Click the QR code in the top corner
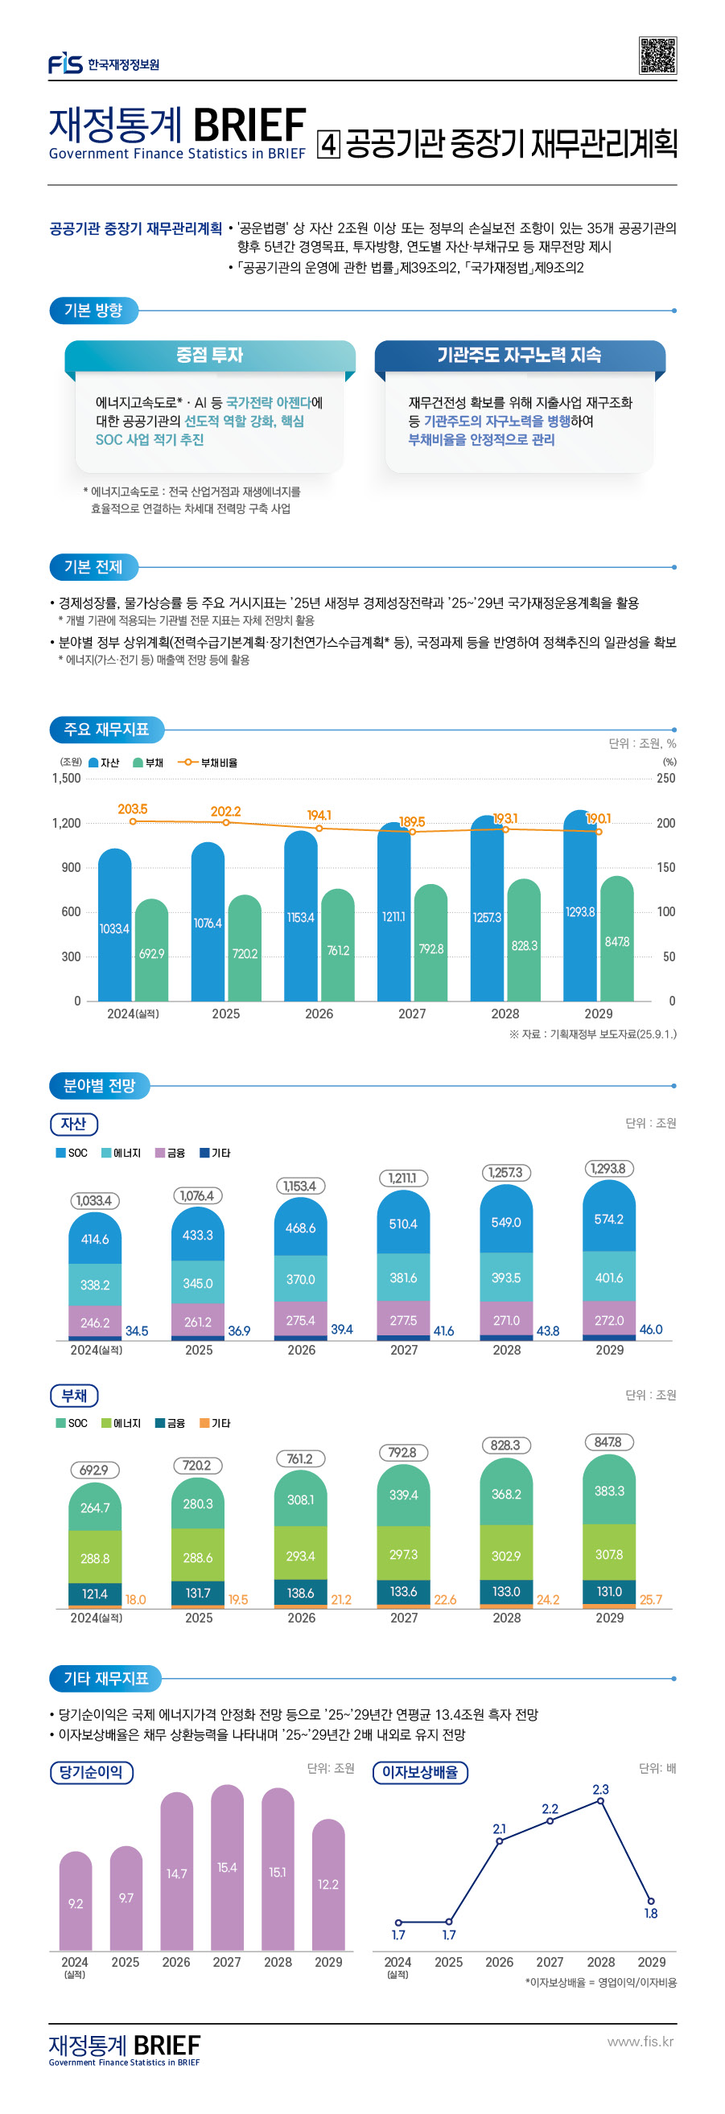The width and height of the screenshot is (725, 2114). pos(657,55)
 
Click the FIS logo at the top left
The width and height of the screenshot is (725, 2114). pos(66,64)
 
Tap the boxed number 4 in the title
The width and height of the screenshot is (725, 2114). pos(328,146)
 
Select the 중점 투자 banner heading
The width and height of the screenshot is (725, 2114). pos(209,355)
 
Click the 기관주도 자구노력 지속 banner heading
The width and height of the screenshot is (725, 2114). pos(519,355)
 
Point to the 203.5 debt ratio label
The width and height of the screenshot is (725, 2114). pos(132,809)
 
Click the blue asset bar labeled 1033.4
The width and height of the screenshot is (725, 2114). pos(115,927)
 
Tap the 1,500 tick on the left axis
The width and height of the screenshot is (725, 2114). pos(67,778)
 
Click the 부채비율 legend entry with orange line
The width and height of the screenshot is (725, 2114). pos(208,763)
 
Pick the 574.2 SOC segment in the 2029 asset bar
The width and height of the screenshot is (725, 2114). pos(608,1219)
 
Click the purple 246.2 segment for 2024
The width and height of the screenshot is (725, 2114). pos(94,1322)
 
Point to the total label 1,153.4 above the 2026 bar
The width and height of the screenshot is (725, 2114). pos(299,1186)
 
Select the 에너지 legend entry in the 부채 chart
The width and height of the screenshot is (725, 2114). pos(121,1423)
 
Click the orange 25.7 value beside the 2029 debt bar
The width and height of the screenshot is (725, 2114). pos(650,1599)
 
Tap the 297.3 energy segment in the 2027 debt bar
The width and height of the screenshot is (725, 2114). pos(403,1554)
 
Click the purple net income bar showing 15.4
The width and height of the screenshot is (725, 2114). pos(227,1867)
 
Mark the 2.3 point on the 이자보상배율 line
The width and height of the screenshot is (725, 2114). pos(600,1800)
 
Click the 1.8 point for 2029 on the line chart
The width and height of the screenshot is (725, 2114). pos(650,1902)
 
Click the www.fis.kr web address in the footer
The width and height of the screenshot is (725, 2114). pos(640,2041)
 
